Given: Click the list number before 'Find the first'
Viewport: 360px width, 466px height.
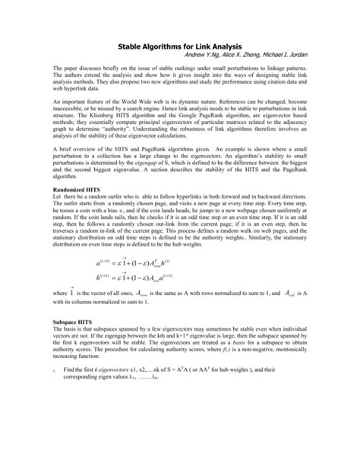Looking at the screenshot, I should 46,434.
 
